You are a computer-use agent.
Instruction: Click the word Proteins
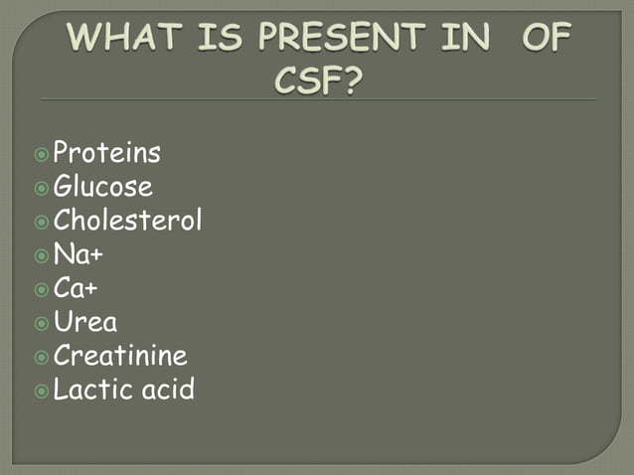coord(106,153)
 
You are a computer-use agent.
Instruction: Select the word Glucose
coord(102,187)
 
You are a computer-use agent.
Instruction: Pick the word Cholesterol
coord(127,221)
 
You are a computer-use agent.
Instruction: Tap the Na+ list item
coord(79,254)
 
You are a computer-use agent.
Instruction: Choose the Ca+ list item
coord(76,288)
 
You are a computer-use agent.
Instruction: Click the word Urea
coord(84,322)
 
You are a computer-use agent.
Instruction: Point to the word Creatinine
coord(119,356)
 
